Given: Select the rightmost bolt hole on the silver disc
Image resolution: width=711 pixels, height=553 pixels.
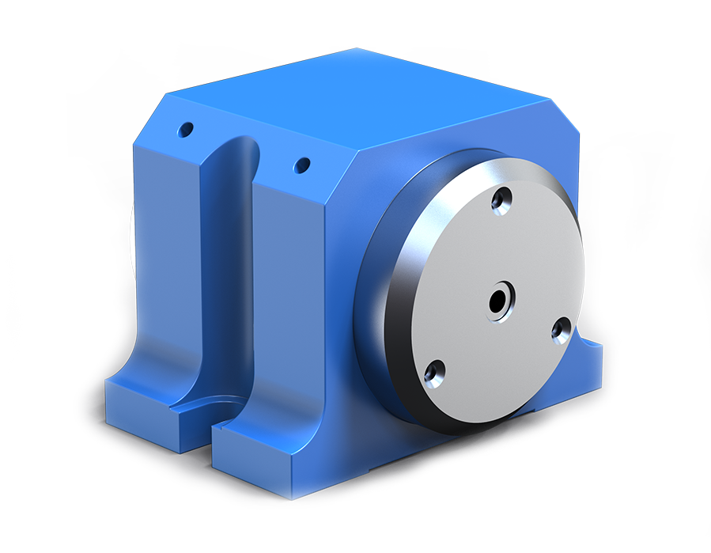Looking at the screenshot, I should coord(562,328).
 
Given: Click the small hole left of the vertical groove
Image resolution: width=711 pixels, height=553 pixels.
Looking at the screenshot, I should coord(186,128).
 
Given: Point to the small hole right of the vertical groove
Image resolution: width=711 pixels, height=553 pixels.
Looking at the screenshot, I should coord(301,165).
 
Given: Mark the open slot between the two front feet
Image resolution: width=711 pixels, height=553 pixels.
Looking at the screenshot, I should coord(202,419).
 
